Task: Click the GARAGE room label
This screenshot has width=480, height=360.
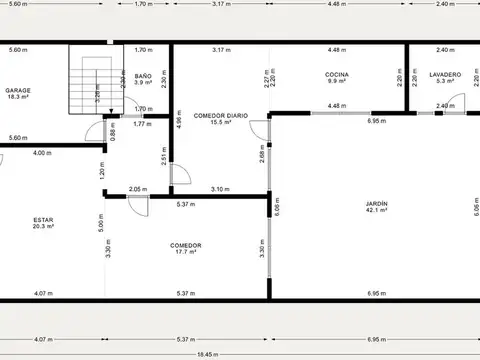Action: (17, 89)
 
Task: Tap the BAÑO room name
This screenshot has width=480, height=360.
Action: (142, 75)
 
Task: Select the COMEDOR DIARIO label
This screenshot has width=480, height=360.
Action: (220, 115)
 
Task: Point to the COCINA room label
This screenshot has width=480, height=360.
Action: (336, 75)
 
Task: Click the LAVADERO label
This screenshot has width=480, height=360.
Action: (444, 75)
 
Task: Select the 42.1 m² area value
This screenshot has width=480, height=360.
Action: (376, 211)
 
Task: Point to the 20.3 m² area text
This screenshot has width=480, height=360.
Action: (42, 227)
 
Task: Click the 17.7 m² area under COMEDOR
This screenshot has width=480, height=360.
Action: (186, 252)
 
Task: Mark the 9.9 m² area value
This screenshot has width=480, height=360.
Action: (336, 83)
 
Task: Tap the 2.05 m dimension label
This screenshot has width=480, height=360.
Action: (137, 189)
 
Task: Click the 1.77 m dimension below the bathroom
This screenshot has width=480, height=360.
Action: (142, 124)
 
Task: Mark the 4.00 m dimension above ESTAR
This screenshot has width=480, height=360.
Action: (41, 153)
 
